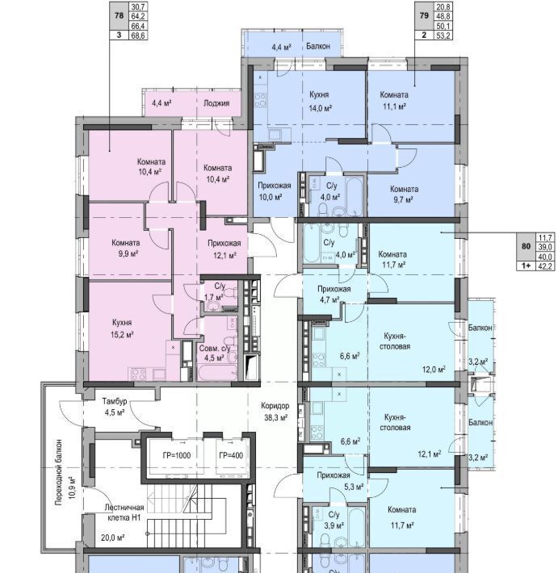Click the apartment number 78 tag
pyautogui.click(x=119, y=16)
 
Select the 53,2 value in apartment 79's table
pyautogui.click(x=443, y=36)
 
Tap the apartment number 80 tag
pyautogui.click(x=527, y=246)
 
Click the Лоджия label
pyautogui.click(x=216, y=103)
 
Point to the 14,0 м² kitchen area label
pyautogui.click(x=321, y=108)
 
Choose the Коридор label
pyautogui.click(x=275, y=406)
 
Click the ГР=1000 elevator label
pyautogui.click(x=177, y=456)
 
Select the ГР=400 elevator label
pyautogui.click(x=231, y=456)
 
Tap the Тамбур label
pyautogui.click(x=115, y=401)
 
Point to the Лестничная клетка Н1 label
pyautogui.click(x=124, y=512)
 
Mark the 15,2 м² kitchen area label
pyautogui.click(x=122, y=335)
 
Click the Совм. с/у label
pyautogui.click(x=215, y=349)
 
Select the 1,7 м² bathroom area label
pyautogui.click(x=213, y=298)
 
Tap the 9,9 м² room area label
pyautogui.click(x=128, y=253)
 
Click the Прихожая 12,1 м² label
pyautogui.click(x=224, y=249)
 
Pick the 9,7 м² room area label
pyautogui.click(x=403, y=200)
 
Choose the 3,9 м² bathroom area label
pyautogui.click(x=334, y=525)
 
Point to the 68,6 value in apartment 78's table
pyautogui.click(x=138, y=36)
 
